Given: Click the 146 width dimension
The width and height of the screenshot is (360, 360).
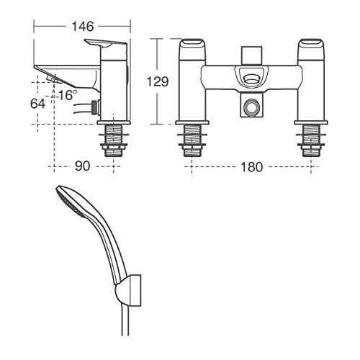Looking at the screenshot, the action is (x=82, y=27).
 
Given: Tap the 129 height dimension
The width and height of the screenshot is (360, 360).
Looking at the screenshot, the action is (x=158, y=81).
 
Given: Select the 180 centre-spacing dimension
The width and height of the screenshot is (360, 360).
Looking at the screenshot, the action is (x=251, y=167).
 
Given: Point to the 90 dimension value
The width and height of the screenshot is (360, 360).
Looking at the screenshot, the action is (x=82, y=166).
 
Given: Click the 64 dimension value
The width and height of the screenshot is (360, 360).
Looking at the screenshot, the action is (x=37, y=104).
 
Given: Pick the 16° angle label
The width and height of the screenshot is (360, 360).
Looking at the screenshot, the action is (x=68, y=95).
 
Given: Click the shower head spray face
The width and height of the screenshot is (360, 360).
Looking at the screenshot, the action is (x=71, y=202).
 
